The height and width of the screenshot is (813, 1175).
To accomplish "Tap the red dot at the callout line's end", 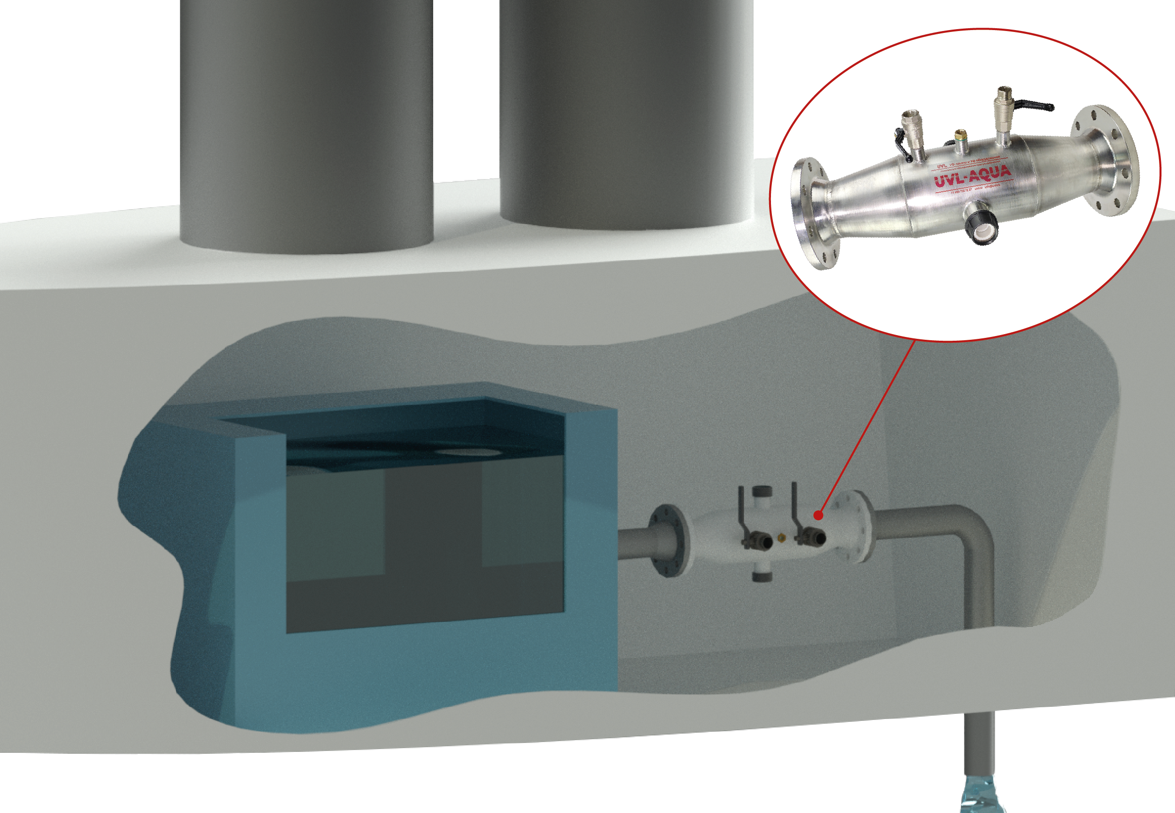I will pos(818,515).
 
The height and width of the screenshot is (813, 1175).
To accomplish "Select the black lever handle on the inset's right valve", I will pos(1034,106).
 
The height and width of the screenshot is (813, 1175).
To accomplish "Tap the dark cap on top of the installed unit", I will pos(763,492).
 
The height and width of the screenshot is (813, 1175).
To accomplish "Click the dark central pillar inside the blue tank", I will pos(432,545).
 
